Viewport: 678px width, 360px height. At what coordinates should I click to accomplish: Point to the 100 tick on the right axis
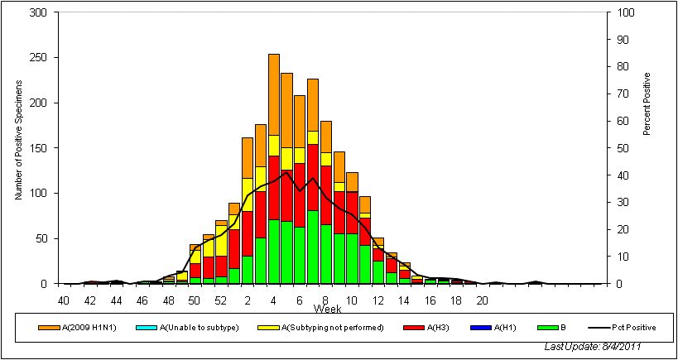coord(622,13)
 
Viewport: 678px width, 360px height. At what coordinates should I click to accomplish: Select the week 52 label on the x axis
coord(220,300)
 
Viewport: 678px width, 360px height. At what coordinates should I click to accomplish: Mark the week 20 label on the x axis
coord(482,300)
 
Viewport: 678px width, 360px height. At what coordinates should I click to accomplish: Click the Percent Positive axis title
coord(647,104)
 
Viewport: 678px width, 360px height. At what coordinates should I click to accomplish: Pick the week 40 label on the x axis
coord(64,300)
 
